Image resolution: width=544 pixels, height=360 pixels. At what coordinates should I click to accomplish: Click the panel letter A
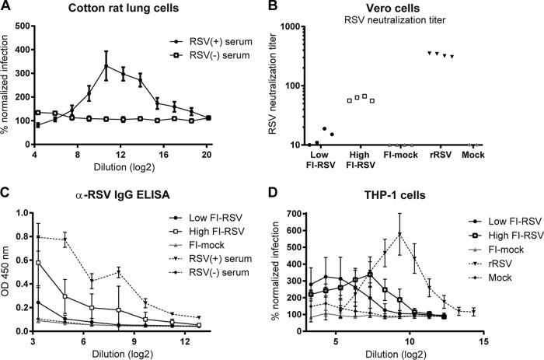(x=8, y=9)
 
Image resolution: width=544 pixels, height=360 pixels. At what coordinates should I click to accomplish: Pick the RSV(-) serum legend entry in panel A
(x=204, y=62)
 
